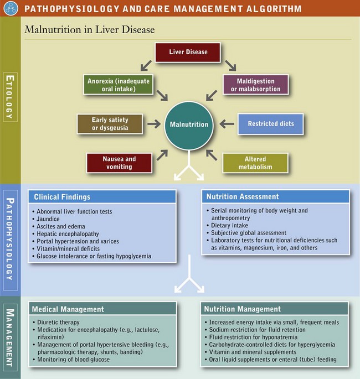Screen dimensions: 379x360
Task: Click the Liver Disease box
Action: tap(188, 53)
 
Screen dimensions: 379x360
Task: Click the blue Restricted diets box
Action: tap(271, 124)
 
